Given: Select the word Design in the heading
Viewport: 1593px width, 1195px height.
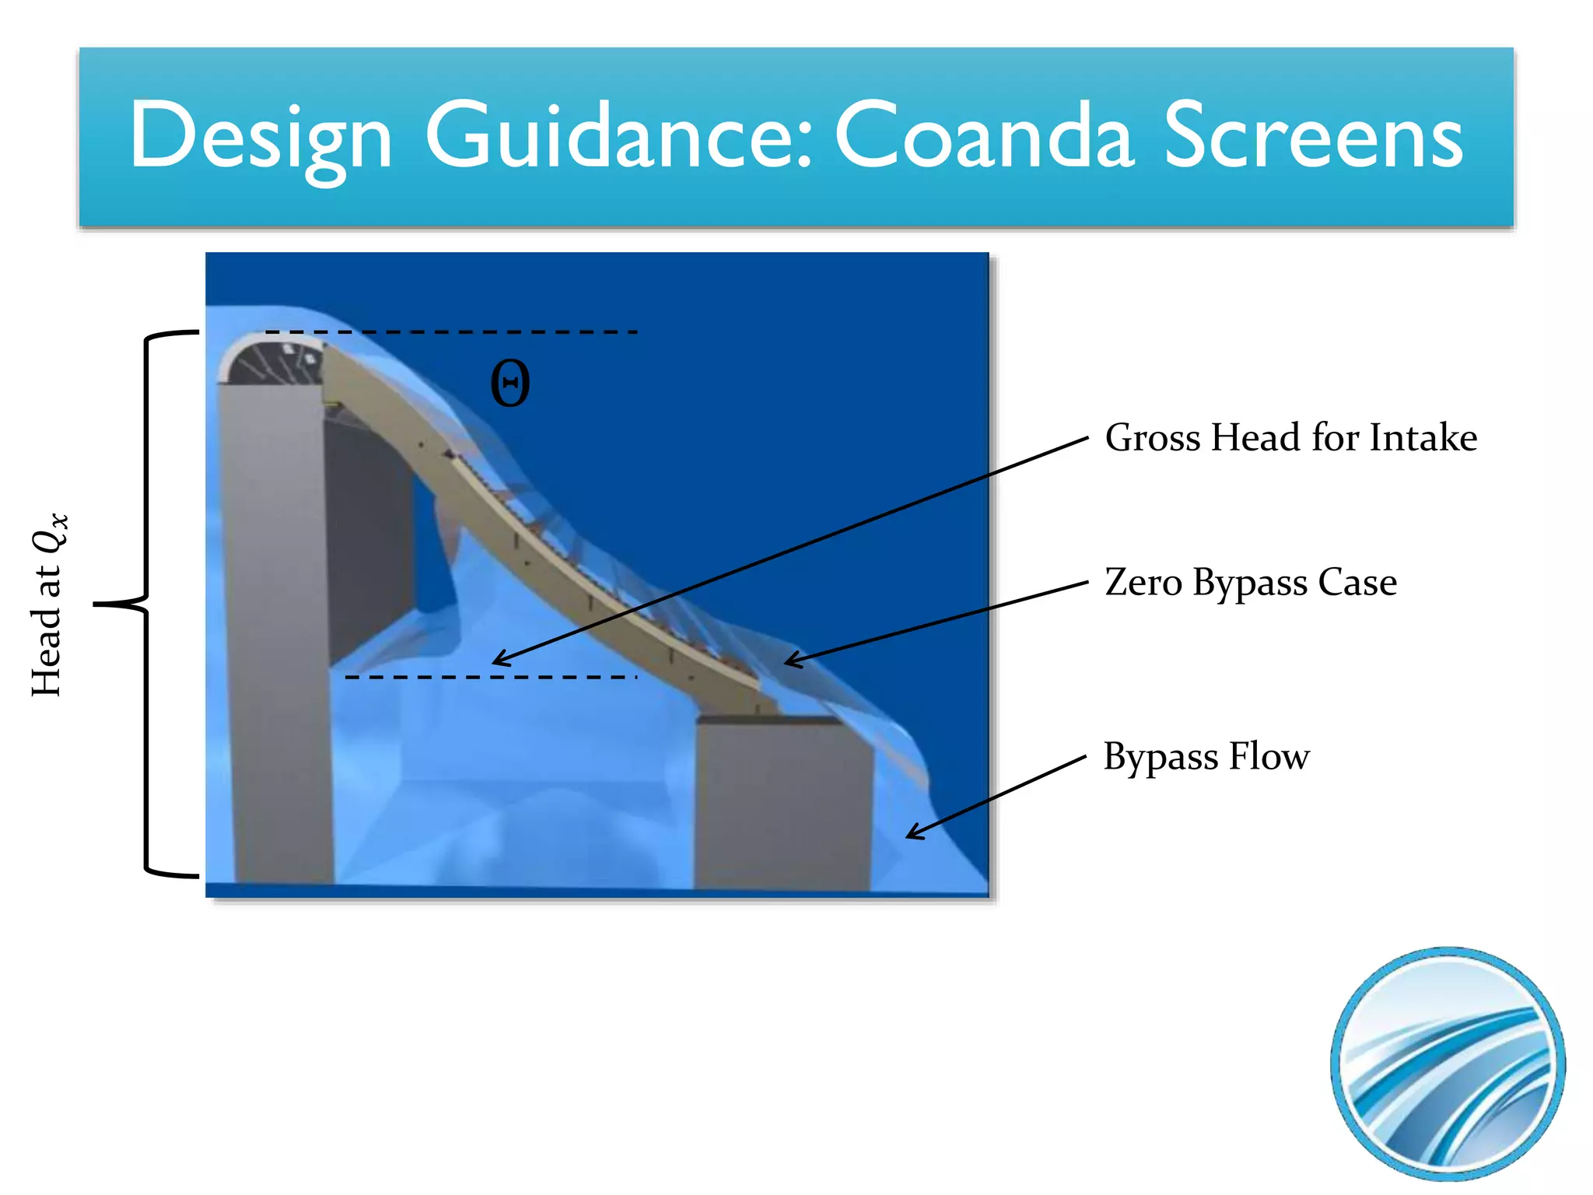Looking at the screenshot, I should click(x=261, y=137).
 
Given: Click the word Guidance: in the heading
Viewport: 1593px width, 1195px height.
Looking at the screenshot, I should click(x=618, y=137).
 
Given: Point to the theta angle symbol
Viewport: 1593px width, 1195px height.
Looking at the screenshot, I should click(x=510, y=384).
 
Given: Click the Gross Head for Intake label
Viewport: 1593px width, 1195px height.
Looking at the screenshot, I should click(x=1290, y=437).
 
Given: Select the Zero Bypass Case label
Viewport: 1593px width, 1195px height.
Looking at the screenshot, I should click(x=1250, y=582).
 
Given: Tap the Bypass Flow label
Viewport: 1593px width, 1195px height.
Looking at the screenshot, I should click(x=1206, y=756).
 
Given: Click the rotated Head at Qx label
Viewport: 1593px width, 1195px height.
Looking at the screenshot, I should click(x=48, y=605).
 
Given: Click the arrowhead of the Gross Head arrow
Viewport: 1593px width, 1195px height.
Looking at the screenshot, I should click(x=498, y=661).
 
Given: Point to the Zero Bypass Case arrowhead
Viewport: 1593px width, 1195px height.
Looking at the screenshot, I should click(x=789, y=661).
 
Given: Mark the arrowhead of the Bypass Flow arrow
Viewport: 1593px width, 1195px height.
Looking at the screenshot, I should click(x=911, y=835).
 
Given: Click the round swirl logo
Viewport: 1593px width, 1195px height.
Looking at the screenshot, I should click(x=1448, y=1063).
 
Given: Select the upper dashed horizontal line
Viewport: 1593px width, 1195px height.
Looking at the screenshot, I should click(x=451, y=332).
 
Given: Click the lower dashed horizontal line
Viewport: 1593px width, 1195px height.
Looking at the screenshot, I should click(x=490, y=678).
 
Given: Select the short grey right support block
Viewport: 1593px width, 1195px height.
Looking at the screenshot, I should click(x=782, y=801).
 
